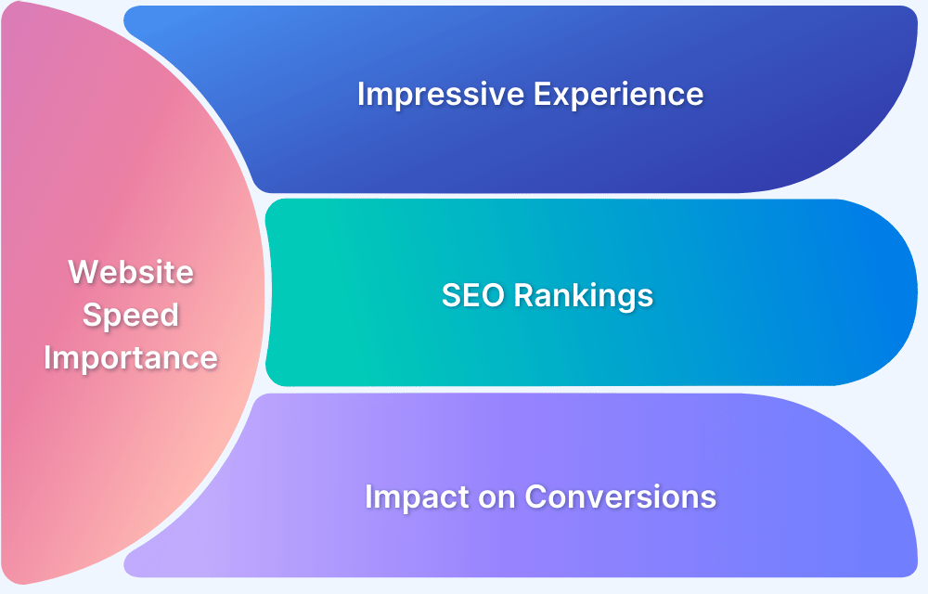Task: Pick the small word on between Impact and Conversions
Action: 494,497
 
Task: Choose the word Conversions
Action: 620,497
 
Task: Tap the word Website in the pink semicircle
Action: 131,272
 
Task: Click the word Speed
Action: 131,315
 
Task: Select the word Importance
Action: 131,357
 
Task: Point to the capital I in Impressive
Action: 362,95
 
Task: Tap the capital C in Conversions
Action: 536,497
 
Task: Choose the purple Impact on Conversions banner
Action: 789,538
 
